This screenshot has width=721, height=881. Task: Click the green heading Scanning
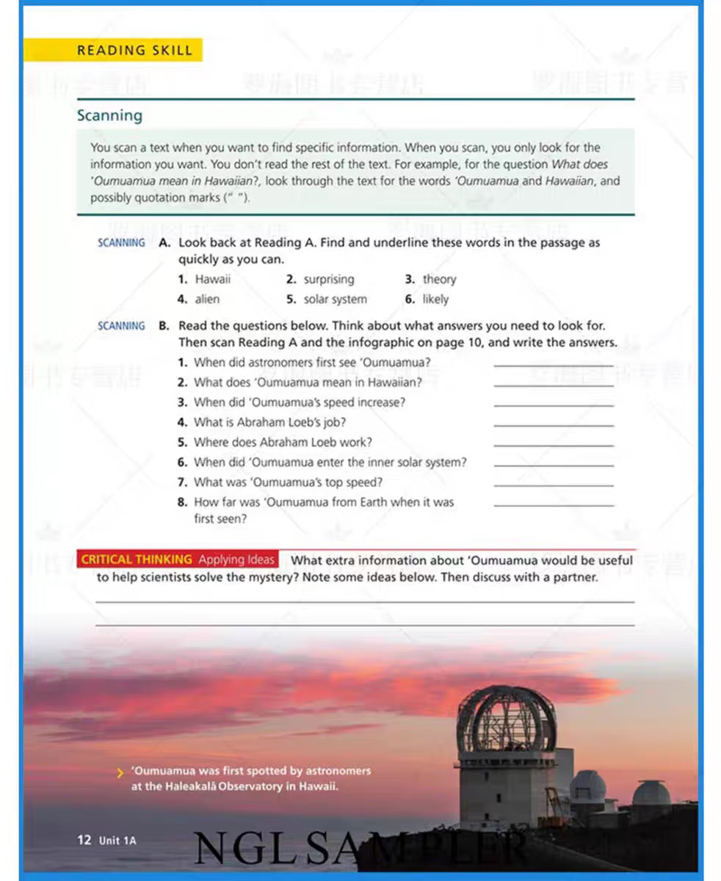tap(109, 115)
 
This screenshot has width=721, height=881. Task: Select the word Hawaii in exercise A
tap(213, 279)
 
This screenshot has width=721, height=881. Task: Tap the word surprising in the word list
tap(329, 279)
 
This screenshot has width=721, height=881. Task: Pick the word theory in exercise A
tap(439, 279)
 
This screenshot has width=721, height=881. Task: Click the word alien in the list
tap(207, 299)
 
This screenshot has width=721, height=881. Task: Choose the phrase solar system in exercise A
tap(336, 299)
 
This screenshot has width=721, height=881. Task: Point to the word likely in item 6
tap(435, 299)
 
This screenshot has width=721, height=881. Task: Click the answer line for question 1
tap(554, 363)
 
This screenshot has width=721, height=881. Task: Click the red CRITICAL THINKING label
tap(137, 559)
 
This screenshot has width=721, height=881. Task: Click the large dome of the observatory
tap(506, 719)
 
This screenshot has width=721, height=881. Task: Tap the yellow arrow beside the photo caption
tap(120, 772)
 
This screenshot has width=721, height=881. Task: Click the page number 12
tap(84, 840)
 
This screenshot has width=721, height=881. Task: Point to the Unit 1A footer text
tap(117, 841)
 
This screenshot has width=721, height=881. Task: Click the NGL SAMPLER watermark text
tap(360, 849)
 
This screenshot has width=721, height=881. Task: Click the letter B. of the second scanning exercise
tap(164, 325)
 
